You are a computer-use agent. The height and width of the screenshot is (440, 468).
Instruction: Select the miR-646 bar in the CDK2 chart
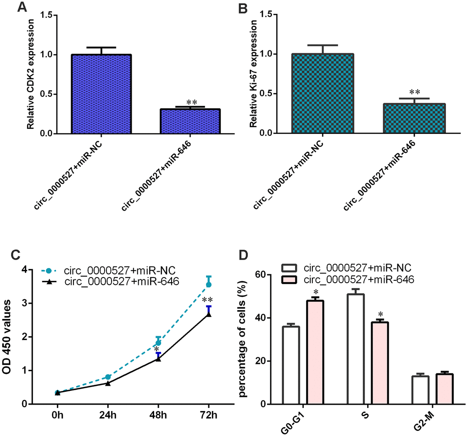tap(190, 122)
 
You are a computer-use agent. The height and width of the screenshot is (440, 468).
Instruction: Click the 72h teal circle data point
tap(209, 285)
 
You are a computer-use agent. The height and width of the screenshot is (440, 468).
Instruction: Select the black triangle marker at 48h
tap(158, 359)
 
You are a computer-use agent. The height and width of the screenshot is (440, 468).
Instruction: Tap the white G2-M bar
tap(420, 390)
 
